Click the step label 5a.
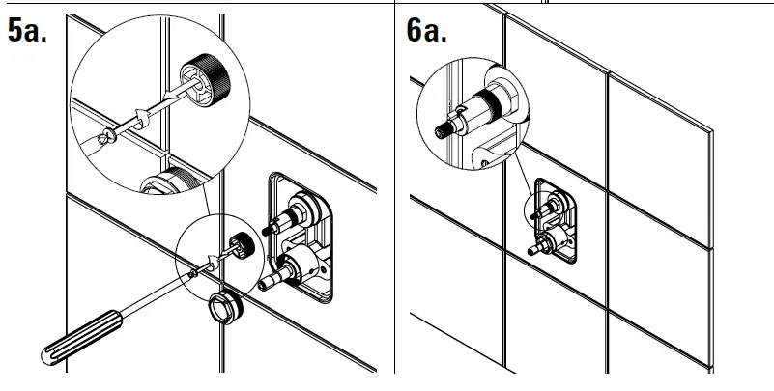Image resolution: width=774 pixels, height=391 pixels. [29, 31]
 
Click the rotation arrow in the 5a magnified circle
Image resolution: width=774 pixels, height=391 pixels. [139, 116]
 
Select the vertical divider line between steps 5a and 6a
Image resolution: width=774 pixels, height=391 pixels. [396, 193]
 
